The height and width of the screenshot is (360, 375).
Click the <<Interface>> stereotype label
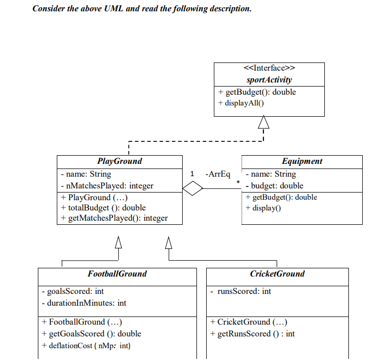point(269,69)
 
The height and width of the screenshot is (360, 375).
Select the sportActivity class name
point(269,79)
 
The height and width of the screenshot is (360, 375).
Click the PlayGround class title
point(120,161)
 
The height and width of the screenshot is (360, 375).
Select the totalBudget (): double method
point(103,207)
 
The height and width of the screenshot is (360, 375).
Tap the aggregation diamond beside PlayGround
point(193,189)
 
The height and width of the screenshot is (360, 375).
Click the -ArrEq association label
point(217,174)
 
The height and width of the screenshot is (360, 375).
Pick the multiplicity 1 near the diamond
point(192,174)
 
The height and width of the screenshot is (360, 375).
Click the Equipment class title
point(302,161)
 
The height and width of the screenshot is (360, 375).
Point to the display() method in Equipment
point(263,207)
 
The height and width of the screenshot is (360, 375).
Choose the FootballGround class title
point(117,274)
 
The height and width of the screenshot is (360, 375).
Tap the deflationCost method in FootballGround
point(86,346)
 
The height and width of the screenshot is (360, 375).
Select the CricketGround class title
point(277,274)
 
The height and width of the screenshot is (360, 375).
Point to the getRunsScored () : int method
point(253,334)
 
